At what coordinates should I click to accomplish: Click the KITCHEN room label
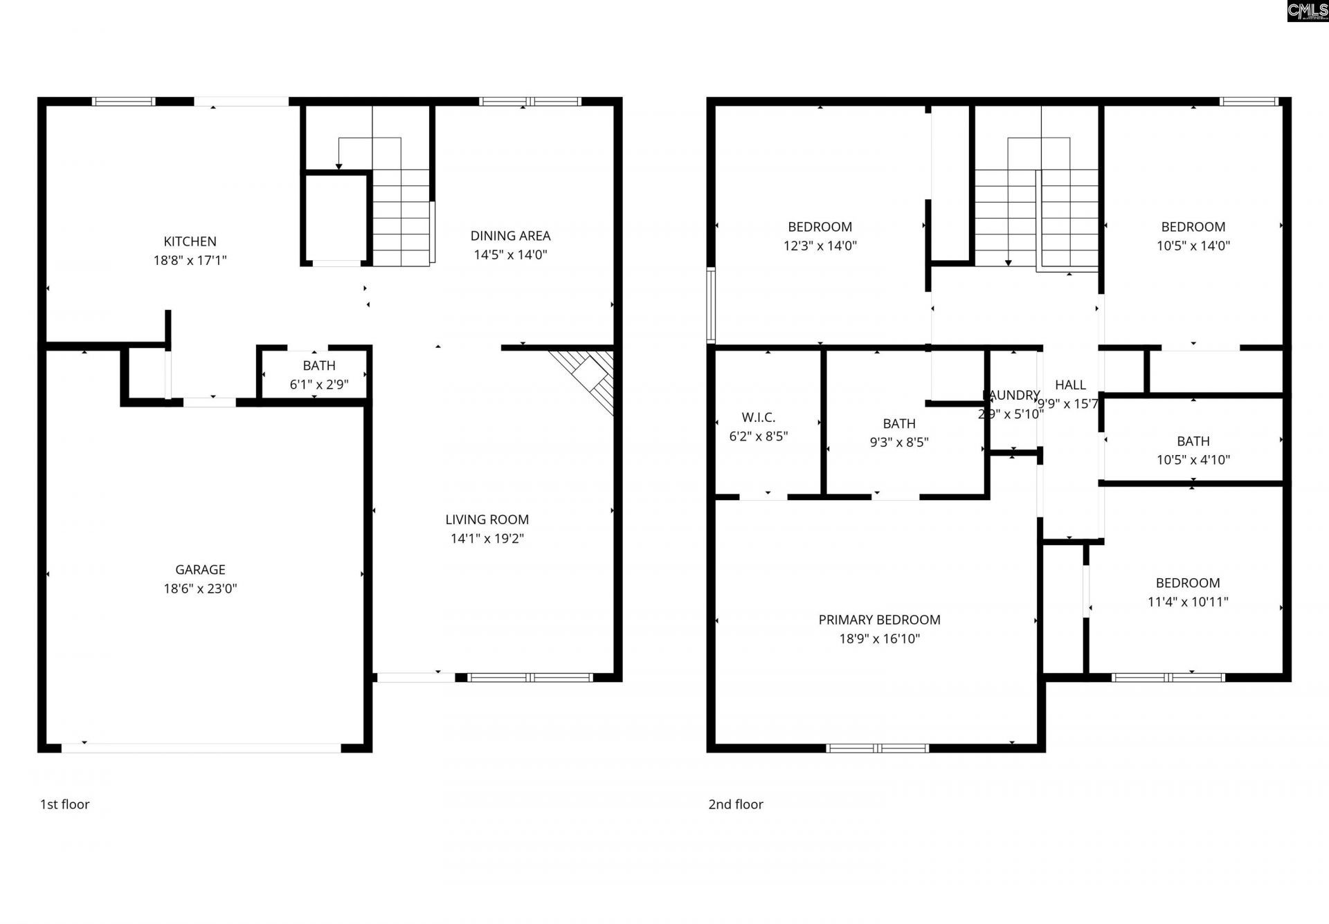click(x=190, y=241)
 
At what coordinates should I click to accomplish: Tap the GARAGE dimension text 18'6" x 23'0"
click(x=200, y=589)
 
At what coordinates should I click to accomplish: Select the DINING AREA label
click(x=510, y=236)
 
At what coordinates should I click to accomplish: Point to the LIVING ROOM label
click(x=487, y=519)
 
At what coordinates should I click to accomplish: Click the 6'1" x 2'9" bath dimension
click(x=318, y=385)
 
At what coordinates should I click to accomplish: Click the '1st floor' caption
click(x=64, y=804)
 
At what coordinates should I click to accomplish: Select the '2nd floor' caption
click(x=735, y=804)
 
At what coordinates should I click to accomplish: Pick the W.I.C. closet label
click(x=758, y=417)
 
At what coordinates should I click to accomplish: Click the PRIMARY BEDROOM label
click(x=879, y=620)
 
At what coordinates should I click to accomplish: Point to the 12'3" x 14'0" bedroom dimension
click(x=820, y=246)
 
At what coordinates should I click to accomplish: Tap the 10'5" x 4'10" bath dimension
click(x=1193, y=460)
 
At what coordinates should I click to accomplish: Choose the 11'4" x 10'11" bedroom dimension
click(x=1188, y=602)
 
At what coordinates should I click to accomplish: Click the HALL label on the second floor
click(x=1070, y=385)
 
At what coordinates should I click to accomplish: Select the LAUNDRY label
click(x=1012, y=395)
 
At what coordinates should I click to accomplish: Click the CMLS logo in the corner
click(x=1307, y=11)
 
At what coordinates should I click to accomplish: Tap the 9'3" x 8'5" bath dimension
click(x=898, y=442)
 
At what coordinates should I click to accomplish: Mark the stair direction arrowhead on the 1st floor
click(x=338, y=166)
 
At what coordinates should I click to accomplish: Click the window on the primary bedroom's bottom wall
click(x=877, y=748)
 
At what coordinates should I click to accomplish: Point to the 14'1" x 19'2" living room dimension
click(x=487, y=539)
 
